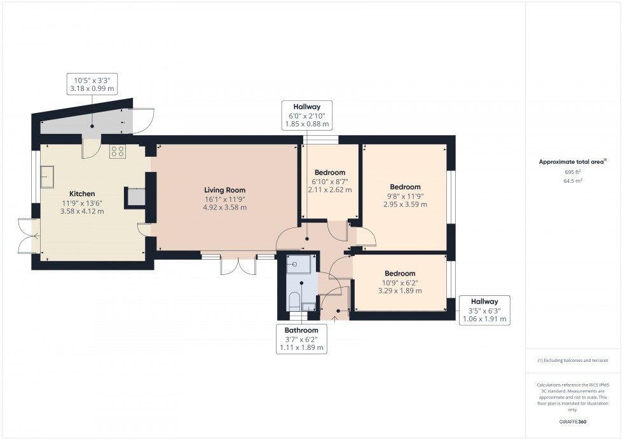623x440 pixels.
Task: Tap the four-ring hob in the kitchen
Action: (x=118, y=151)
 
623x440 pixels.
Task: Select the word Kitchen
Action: (x=82, y=194)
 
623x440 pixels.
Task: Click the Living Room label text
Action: (x=224, y=190)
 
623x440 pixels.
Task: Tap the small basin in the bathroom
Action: (x=308, y=307)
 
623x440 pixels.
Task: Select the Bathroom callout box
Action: (x=301, y=338)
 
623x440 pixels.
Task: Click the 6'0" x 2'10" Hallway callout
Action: (x=306, y=116)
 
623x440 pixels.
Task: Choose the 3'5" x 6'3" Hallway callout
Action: (x=484, y=310)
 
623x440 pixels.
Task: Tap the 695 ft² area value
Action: (x=573, y=172)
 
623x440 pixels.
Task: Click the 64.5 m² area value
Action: (x=573, y=181)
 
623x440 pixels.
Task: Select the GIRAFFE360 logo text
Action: (x=573, y=421)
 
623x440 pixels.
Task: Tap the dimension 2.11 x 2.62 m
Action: (x=330, y=190)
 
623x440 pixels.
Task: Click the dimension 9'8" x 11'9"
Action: (x=405, y=196)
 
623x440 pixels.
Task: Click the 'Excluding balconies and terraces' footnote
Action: (x=573, y=360)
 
